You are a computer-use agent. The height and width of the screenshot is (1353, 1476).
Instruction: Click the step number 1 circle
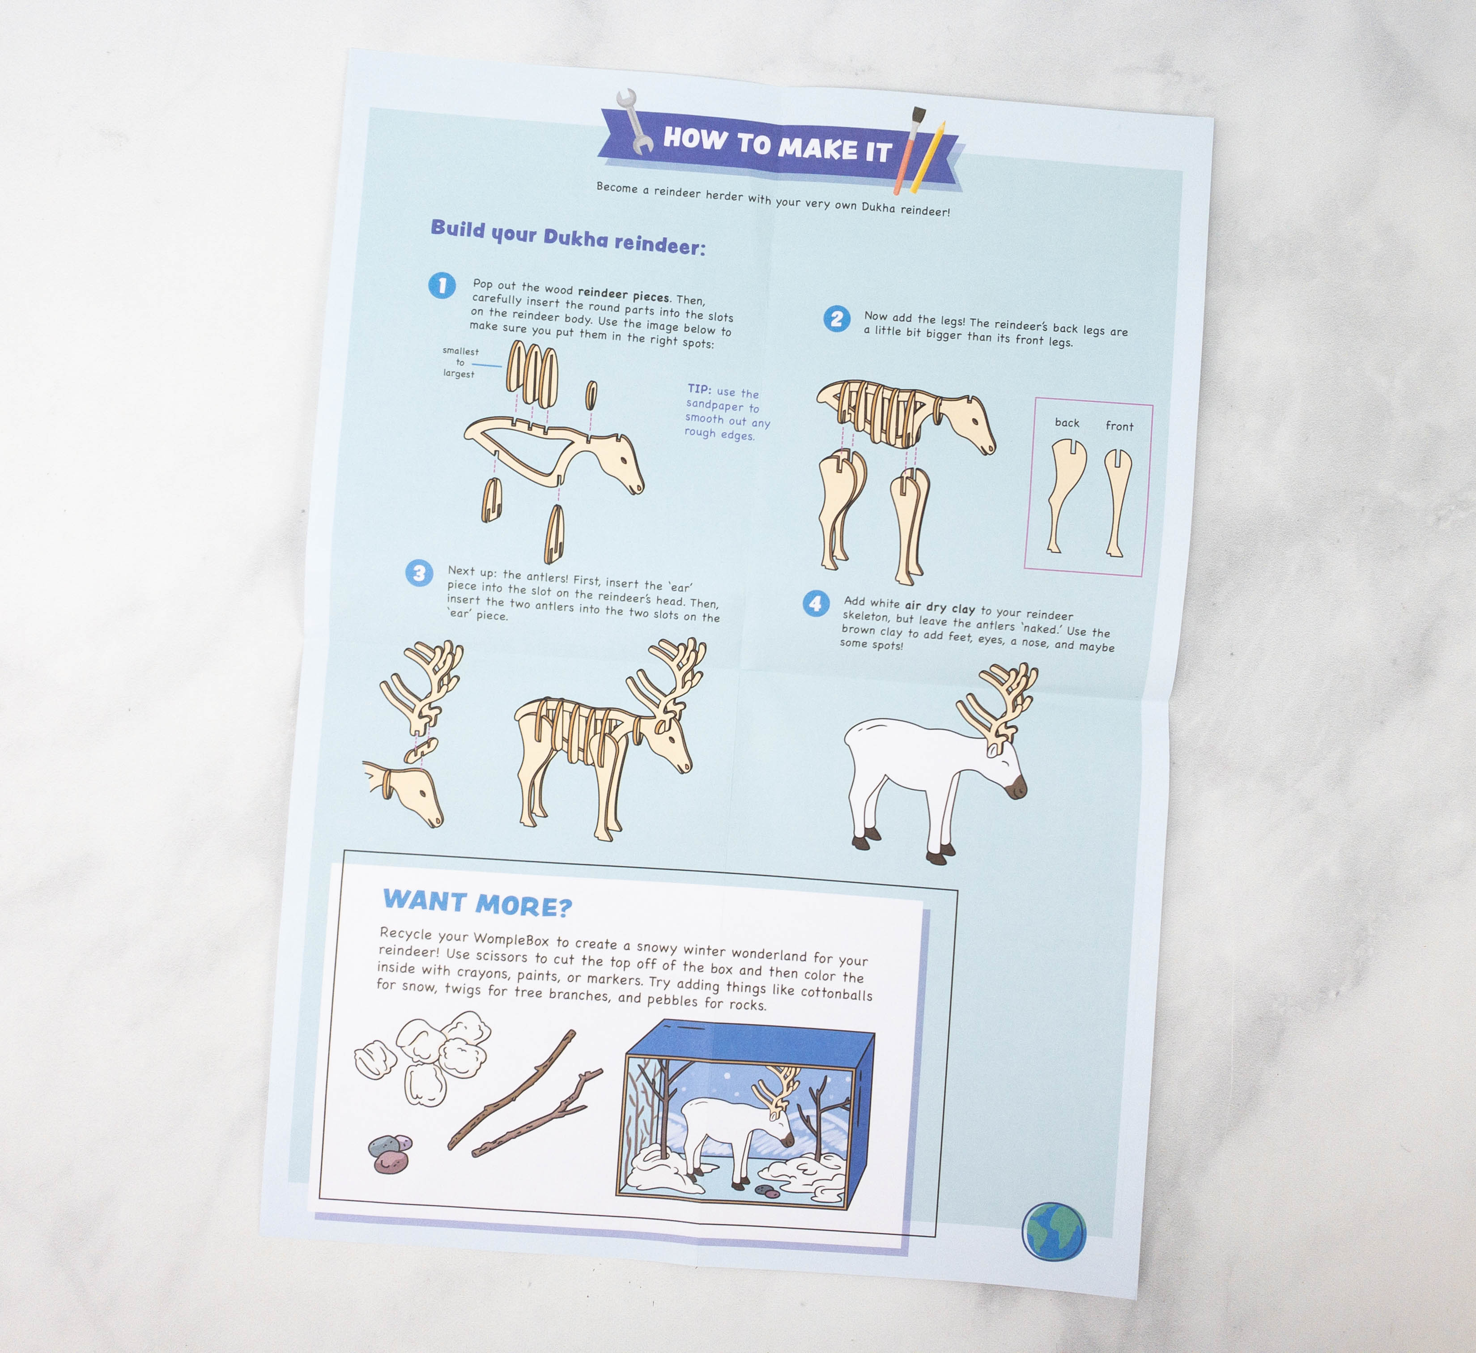pyautogui.click(x=442, y=285)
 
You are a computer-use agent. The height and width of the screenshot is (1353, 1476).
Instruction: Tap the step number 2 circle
pyautogui.click(x=836, y=319)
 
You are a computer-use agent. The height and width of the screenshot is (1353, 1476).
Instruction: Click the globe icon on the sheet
pyautogui.click(x=1054, y=1231)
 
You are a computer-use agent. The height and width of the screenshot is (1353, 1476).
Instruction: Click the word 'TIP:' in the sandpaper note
pyautogui.click(x=699, y=390)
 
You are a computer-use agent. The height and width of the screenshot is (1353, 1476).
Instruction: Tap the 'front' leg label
pyautogui.click(x=1119, y=426)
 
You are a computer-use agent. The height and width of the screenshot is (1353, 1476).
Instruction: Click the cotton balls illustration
pyautogui.click(x=422, y=1054)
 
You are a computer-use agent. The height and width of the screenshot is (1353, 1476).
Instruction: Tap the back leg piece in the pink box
pyautogui.click(x=1065, y=494)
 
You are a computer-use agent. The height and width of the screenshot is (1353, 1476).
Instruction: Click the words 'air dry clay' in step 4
pyautogui.click(x=940, y=607)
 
